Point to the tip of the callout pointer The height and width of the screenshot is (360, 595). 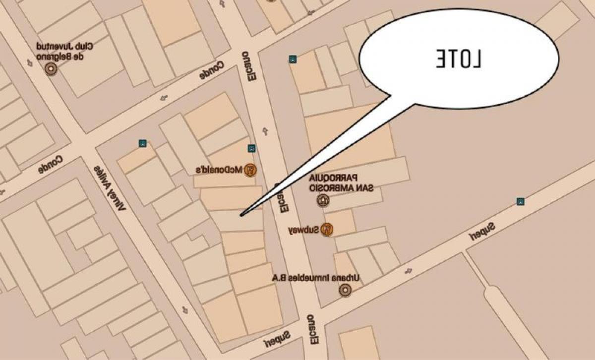coord(241,215)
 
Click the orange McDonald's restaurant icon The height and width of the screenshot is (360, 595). coord(251,170)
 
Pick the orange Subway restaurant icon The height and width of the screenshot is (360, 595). coord(326,229)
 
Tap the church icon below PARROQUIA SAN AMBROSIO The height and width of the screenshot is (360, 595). coord(323,200)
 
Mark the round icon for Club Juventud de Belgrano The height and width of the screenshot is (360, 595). coord(51,68)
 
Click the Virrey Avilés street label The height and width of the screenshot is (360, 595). coord(110,186)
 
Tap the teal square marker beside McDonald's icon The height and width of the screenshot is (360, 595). coord(251,148)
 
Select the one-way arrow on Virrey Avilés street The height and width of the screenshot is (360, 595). coord(185,310)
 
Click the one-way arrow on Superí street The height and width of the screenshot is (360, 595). coord(409,271)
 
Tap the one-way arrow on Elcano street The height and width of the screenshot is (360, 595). coord(264,130)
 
